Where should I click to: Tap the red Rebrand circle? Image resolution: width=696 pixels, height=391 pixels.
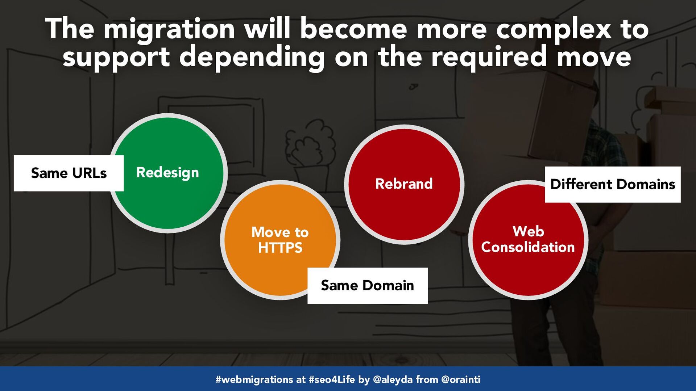point(404,184)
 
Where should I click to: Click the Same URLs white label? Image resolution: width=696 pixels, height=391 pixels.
point(69,173)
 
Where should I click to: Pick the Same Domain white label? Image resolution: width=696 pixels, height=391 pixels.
point(368,286)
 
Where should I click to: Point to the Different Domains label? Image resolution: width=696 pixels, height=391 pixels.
point(613,184)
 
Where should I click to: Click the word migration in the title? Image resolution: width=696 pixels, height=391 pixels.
point(170,29)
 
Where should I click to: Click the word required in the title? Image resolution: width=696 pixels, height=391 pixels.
point(489,56)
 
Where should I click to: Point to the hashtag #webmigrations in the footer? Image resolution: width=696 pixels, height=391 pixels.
point(254,379)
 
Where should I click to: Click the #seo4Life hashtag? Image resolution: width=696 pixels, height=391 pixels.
point(332,379)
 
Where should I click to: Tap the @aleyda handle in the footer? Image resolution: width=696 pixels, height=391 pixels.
point(393,379)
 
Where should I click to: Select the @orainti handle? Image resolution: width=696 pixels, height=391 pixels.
point(461,379)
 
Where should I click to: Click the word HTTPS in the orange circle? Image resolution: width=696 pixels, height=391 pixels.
point(280,248)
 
